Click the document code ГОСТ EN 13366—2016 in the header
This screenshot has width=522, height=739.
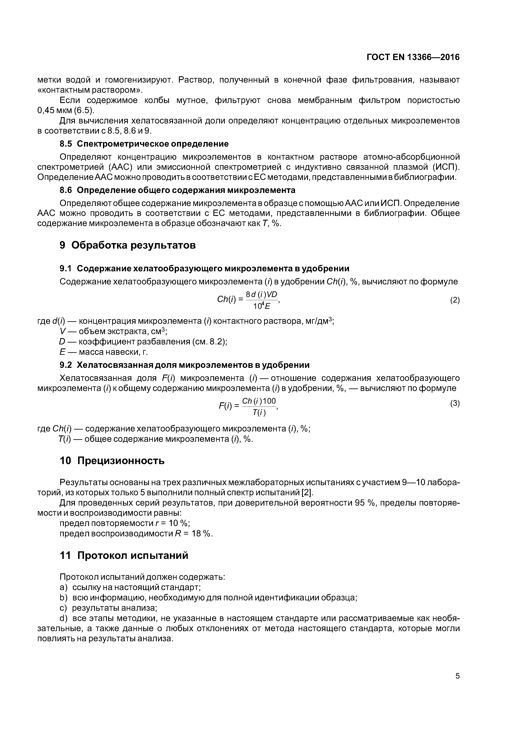pyautogui.click(x=413, y=57)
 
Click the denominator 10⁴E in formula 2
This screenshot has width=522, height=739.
pyautogui.click(x=261, y=306)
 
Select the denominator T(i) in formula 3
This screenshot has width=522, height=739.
pyautogui.click(x=259, y=413)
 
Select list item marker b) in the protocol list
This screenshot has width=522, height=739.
pyautogui.click(x=63, y=598)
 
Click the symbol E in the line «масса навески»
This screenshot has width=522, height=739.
pyautogui.click(x=62, y=352)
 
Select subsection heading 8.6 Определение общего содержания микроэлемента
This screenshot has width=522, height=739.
pyautogui.click(x=177, y=190)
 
